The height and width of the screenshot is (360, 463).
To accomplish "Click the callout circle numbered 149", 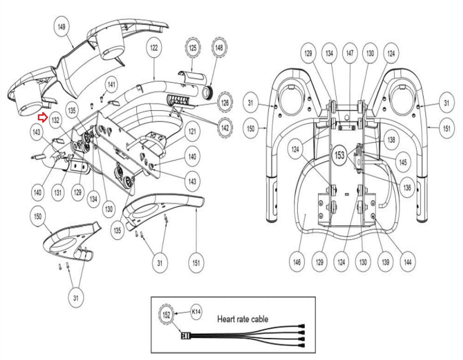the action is point(62,26).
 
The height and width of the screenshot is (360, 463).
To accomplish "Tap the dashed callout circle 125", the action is point(193,47).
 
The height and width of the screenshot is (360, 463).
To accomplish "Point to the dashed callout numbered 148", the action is point(219,47).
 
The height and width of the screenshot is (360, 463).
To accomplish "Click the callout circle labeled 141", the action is point(111,84).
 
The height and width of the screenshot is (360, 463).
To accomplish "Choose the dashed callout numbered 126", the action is point(225,103).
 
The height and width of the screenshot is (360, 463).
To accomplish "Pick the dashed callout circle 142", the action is point(225,128).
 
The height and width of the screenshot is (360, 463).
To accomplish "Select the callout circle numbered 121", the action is point(192,131).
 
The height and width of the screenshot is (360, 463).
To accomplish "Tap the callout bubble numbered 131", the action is point(58,192).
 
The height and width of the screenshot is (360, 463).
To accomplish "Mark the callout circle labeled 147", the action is point(350,53).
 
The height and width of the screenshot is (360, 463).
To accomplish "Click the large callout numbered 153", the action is point(339,155).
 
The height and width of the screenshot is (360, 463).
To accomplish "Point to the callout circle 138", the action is point(391,140).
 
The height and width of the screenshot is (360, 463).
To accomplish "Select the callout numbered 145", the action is point(403,162).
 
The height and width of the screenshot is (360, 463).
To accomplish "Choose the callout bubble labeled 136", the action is point(407,188).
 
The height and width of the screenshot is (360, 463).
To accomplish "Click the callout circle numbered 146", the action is point(297,262).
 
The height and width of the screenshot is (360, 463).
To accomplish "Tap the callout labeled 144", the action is point(408,262).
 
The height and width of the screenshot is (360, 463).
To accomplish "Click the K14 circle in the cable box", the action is point(196,312).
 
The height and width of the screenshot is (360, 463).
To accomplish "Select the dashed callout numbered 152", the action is point(166,314).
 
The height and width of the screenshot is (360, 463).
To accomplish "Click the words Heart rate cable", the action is point(243,319).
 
